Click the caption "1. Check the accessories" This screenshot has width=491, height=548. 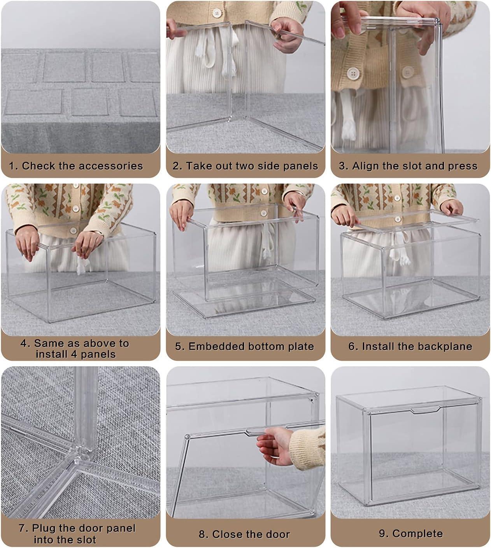pos(76,166)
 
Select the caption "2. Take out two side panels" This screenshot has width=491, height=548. pos(245,166)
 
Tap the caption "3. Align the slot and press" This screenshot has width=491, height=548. pos(408,166)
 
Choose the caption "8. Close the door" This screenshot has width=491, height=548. pos(244,534)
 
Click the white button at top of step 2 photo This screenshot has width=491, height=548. pos(216,13)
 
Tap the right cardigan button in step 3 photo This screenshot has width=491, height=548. pos(408,72)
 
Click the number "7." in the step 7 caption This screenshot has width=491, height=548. pos(24,528)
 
